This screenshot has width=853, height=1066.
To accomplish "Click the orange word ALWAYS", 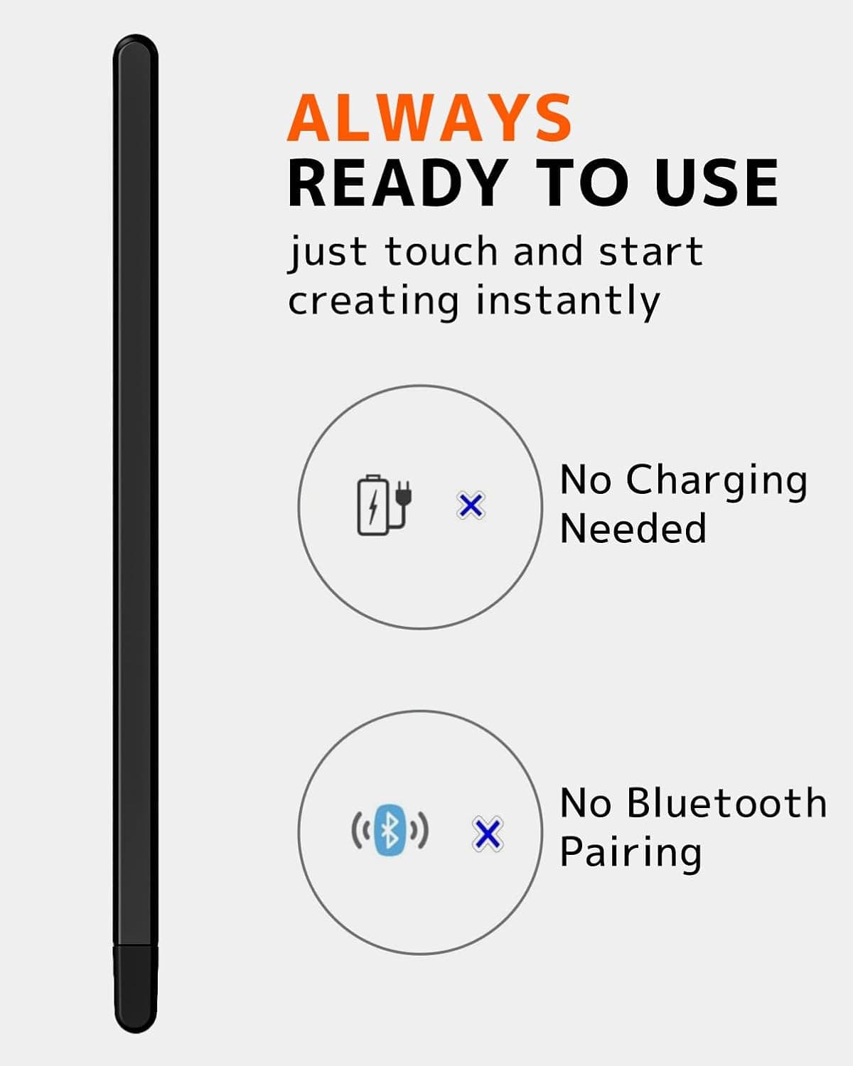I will coord(429,118).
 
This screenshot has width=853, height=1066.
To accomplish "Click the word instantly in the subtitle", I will coord(568,301).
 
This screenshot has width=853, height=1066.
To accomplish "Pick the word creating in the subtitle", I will coord(373,301).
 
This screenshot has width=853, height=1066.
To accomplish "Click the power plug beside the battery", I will coord(403,497).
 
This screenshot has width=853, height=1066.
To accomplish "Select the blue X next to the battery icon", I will coord(471,506).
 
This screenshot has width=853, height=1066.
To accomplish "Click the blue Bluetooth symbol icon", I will coord(390,829).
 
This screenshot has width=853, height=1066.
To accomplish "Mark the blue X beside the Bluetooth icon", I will coord(488,834).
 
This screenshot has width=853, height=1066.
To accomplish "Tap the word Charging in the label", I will coord(717,482).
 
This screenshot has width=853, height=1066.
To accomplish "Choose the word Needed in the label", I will coord(633,529).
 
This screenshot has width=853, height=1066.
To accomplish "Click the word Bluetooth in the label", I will coord(726,804).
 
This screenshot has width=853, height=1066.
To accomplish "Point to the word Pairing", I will coord(631,852).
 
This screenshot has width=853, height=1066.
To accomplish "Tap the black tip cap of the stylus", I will coord(135,988).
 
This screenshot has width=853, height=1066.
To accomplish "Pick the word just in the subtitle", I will coord(328,253).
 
